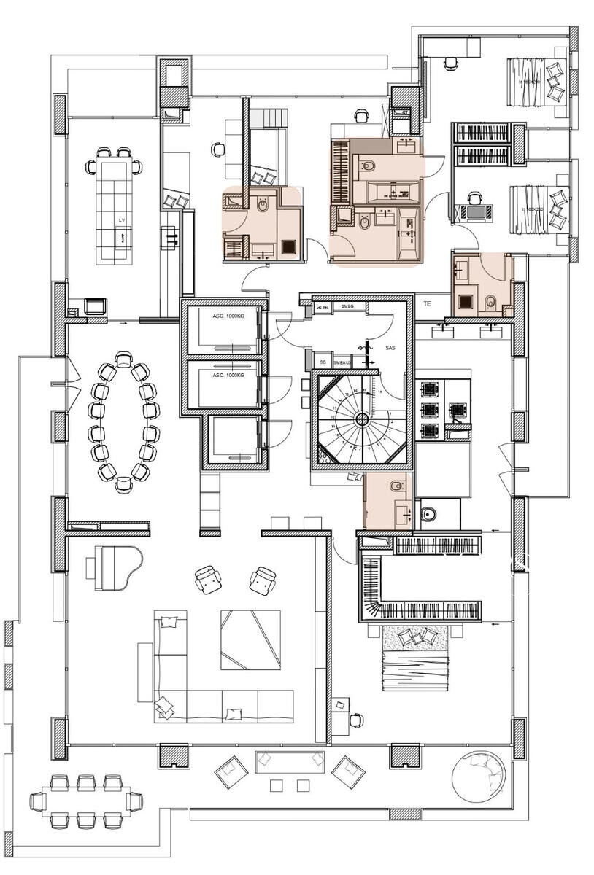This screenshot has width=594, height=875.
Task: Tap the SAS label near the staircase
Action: [390, 349]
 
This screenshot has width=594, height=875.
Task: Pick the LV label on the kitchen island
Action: [121, 219]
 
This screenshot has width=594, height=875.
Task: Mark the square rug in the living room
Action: [250, 639]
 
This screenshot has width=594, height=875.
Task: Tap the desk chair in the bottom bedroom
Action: [356, 720]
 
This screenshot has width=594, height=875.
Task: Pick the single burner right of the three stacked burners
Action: [457, 410]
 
